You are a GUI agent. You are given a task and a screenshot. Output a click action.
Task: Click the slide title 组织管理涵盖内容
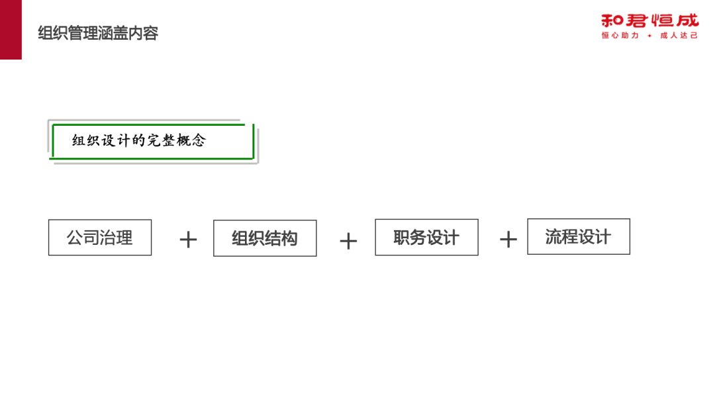[98, 33]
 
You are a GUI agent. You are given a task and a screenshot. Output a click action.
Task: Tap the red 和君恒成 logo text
[649, 21]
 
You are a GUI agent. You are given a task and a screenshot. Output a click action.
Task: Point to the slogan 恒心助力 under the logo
[620, 36]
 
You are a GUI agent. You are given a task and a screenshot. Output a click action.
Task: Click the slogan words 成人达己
[679, 36]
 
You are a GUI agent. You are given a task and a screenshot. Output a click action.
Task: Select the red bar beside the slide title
[11, 30]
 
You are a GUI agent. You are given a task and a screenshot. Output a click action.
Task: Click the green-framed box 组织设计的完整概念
[152, 141]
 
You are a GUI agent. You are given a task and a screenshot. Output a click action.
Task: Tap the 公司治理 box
[100, 238]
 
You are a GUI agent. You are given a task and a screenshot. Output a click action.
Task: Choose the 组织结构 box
[265, 238]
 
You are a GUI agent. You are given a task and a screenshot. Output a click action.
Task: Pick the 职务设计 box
[426, 238]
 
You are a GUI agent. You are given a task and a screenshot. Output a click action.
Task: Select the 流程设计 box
[579, 237]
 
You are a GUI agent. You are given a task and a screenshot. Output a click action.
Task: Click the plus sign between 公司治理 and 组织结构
[188, 240]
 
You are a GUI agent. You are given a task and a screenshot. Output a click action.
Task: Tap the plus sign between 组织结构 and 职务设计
[348, 241]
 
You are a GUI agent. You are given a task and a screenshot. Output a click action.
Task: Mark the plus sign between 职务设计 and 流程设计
[508, 240]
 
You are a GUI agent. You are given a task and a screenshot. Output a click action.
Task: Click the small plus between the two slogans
[649, 36]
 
